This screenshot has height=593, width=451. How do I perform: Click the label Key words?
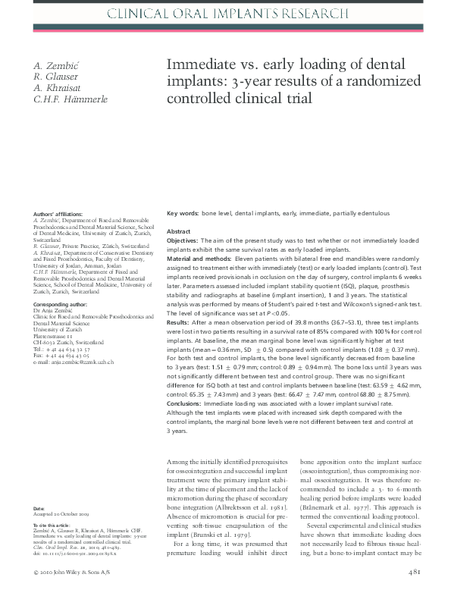click(x=183, y=214)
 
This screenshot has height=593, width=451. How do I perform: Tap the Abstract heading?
click(x=179, y=231)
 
